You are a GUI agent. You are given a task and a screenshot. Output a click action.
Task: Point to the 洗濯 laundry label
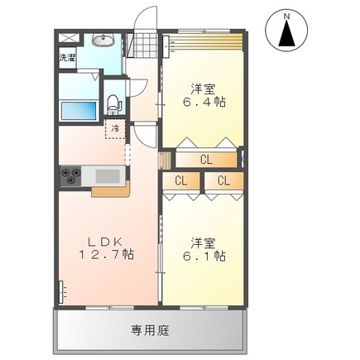[67, 59]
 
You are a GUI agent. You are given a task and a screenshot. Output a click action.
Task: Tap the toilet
[113, 104]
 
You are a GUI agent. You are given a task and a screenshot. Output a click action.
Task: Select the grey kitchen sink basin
[108, 175]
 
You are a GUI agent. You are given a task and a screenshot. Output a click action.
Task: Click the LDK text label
[105, 242]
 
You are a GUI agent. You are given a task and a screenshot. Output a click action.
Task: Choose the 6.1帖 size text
[204, 257]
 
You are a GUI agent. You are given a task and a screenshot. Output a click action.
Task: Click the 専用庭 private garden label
[150, 329]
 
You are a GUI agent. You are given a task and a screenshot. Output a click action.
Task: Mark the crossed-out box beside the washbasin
[69, 39]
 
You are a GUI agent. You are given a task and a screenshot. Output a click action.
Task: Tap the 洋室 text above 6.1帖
[204, 242]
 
